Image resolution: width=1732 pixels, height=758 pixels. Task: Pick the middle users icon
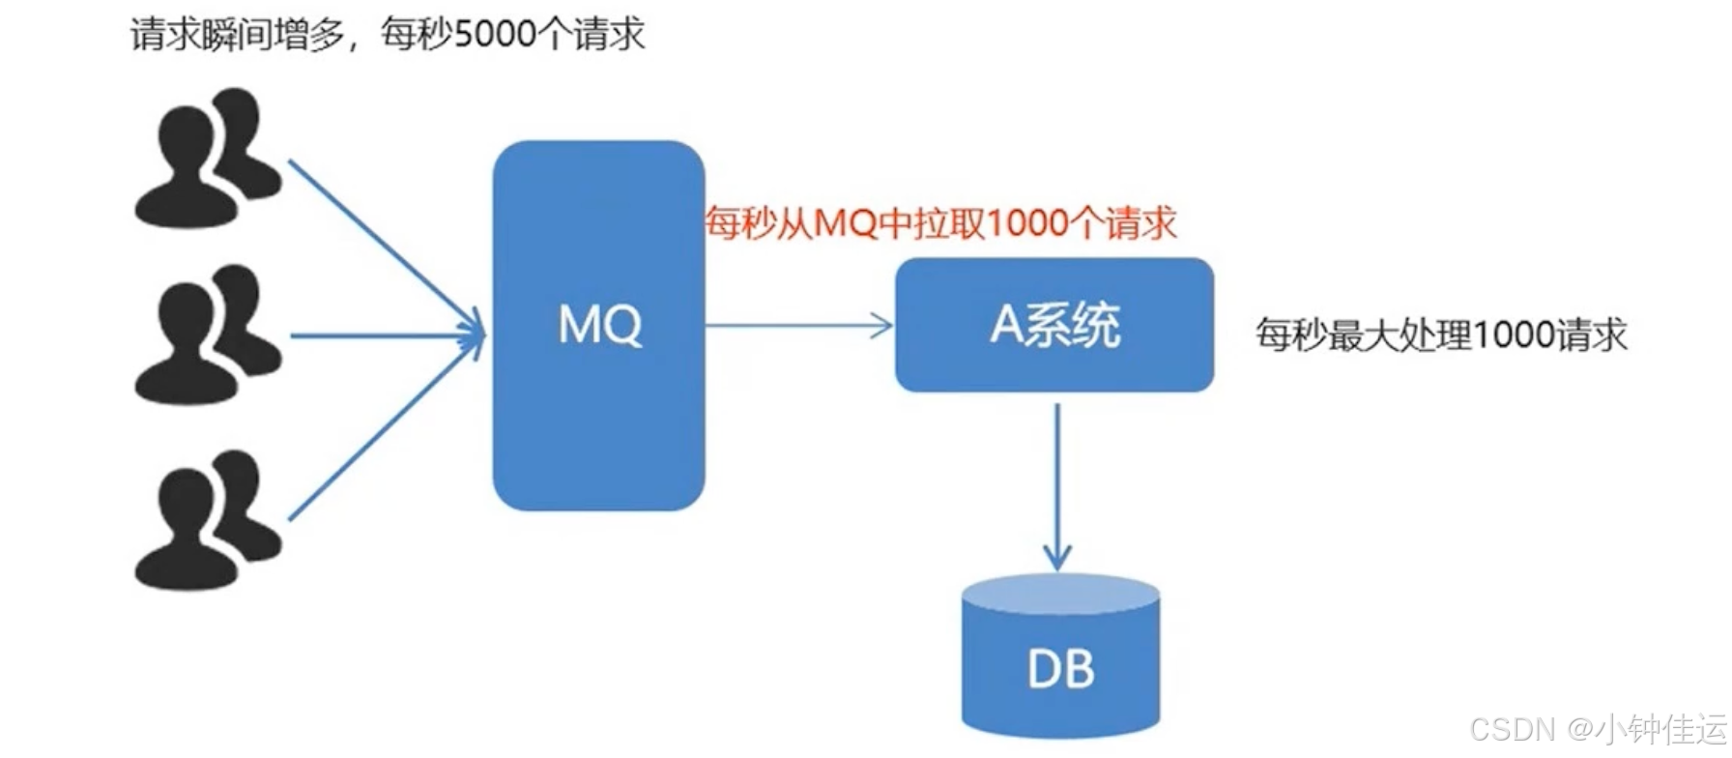[207, 335]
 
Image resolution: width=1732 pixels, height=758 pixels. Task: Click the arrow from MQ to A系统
[798, 326]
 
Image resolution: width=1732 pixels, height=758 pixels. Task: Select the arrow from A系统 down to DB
[1057, 483]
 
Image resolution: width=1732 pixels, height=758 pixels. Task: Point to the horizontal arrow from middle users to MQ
[387, 335]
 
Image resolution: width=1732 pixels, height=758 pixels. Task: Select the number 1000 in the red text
[1027, 223]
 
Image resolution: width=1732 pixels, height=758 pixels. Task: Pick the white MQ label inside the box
[599, 325]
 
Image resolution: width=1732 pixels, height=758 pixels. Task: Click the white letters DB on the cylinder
[1060, 669]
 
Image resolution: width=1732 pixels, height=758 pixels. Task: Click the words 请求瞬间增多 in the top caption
[238, 35]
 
